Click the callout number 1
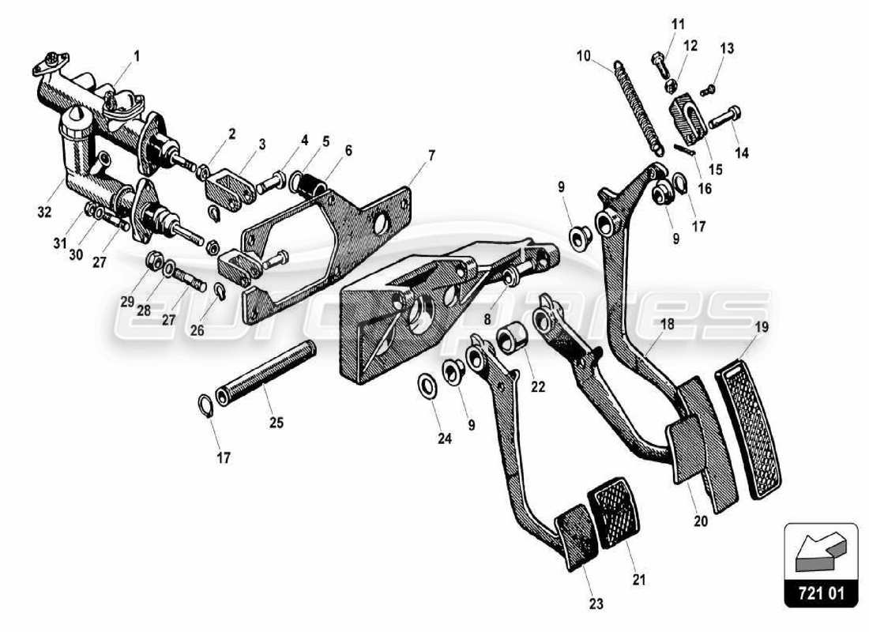[136, 57]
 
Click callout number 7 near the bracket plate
[431, 154]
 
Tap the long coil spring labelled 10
[640, 107]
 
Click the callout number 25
[276, 423]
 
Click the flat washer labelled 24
[425, 386]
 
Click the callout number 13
[726, 49]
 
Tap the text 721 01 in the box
[821, 593]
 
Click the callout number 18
[645, 325]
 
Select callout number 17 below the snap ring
[224, 457]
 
